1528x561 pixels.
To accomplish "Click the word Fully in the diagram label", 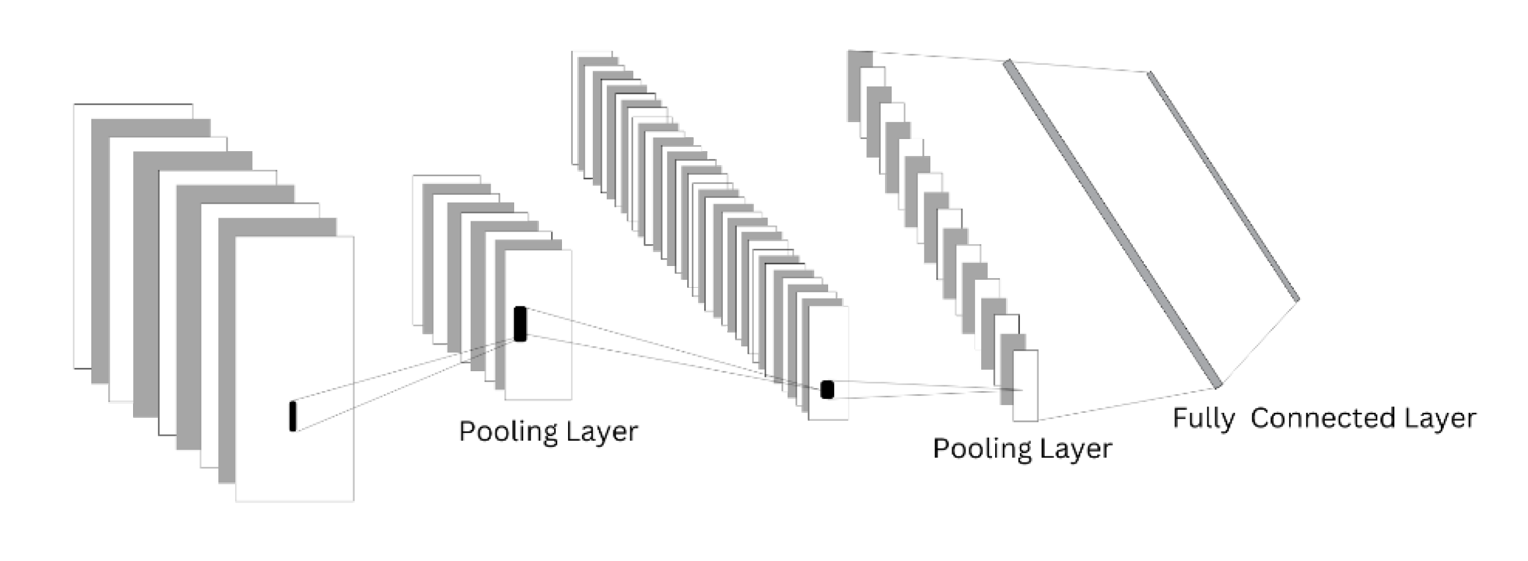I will [x=1203, y=419].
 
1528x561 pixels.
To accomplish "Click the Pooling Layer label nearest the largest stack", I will [x=548, y=432].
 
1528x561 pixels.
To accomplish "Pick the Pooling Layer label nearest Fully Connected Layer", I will [x=1022, y=449].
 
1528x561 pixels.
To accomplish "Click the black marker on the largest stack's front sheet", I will [x=293, y=416].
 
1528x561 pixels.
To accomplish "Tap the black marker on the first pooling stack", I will [x=520, y=324].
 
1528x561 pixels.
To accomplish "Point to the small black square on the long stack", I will [x=827, y=390].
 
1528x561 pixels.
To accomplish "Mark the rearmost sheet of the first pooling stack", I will [x=417, y=254].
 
